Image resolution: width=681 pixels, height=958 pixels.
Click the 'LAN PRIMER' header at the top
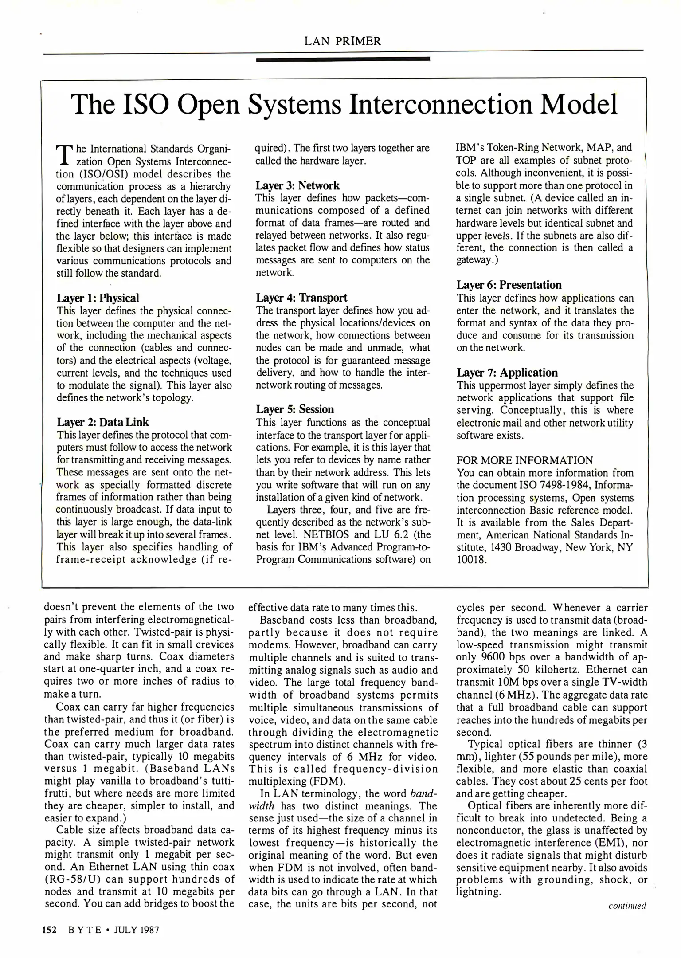[x=342, y=41]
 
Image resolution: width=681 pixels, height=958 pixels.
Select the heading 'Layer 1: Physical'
[x=98, y=298]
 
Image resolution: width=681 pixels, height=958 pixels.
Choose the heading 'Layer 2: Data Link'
[x=103, y=422]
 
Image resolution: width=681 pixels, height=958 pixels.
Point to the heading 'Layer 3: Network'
[x=297, y=185]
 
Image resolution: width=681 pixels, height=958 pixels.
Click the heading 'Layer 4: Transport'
[x=301, y=298]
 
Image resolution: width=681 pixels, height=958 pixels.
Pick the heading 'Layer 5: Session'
[x=295, y=409]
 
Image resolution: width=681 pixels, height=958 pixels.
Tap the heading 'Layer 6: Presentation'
[x=509, y=285]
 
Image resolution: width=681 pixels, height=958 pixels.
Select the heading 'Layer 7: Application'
[x=507, y=373]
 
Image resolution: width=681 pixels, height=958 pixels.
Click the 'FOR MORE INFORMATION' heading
[x=524, y=460]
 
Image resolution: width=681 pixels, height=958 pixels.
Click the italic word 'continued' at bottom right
[x=627, y=906]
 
